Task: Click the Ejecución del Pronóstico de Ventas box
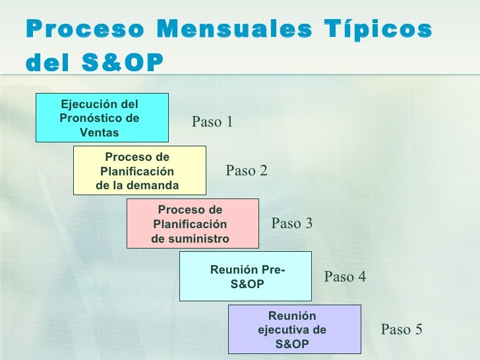tap(102, 117)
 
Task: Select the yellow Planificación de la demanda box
tap(140, 170)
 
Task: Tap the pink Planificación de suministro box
tap(193, 224)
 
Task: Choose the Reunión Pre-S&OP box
tap(246, 276)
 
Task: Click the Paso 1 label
tap(212, 121)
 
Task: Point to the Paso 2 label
tap(247, 171)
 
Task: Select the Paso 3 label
tap(292, 224)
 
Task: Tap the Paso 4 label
tap(345, 277)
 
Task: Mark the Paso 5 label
tap(402, 330)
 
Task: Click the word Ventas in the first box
tap(99, 133)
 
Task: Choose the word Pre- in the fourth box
tap(273, 270)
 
